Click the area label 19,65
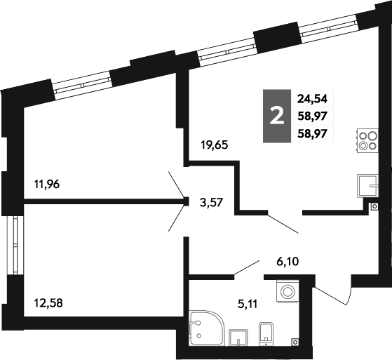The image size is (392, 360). click(x=215, y=145)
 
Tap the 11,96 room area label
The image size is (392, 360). click(x=47, y=185)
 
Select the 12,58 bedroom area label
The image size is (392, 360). click(x=48, y=303)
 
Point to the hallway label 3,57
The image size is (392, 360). click(x=211, y=202)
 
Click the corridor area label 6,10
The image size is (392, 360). click(x=288, y=262)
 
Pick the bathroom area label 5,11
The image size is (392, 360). click(x=248, y=305)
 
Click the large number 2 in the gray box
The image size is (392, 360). click(x=277, y=116)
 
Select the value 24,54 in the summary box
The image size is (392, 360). click(x=312, y=99)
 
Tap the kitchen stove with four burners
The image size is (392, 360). click(x=367, y=140)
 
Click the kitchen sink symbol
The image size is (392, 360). click(x=367, y=185)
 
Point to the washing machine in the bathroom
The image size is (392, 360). click(x=288, y=291)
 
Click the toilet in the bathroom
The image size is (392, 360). click(x=266, y=334)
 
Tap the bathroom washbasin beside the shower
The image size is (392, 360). click(x=238, y=338)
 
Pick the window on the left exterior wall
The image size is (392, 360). click(x=15, y=245)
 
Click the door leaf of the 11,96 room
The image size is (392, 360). click(x=177, y=184)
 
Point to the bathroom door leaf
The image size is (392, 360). click(x=247, y=267)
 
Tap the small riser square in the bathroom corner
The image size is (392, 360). click(x=295, y=342)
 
